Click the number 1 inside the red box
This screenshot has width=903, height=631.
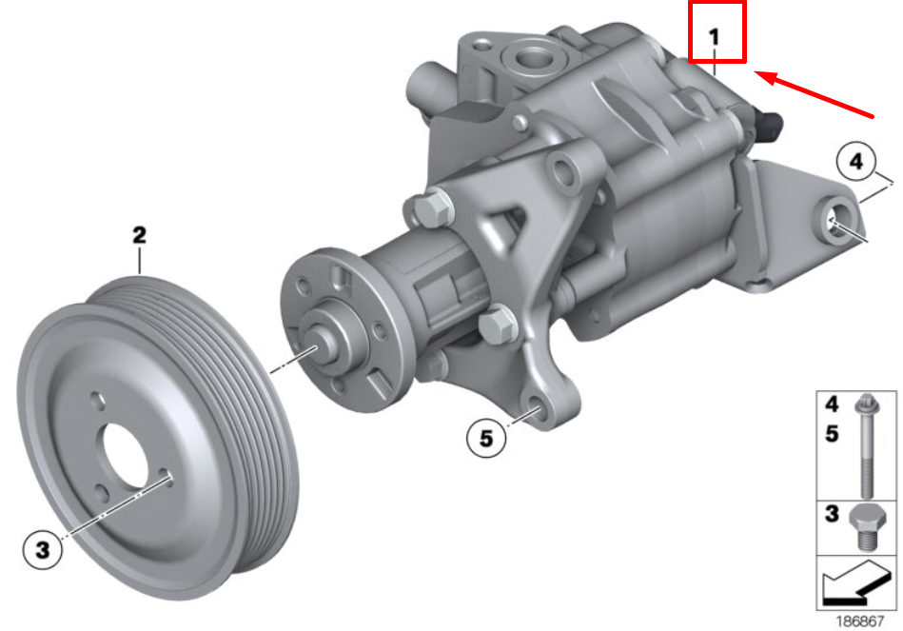(715, 37)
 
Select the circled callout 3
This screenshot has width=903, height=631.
(41, 548)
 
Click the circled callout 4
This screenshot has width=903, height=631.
(856, 164)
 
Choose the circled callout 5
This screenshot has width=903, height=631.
(486, 438)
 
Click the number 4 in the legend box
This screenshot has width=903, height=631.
(831, 403)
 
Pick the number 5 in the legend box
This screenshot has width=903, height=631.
(831, 433)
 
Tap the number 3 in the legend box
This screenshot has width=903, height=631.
(831, 515)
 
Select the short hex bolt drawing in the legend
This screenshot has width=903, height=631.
(865, 527)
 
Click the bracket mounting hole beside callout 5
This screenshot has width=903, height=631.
(537, 411)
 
